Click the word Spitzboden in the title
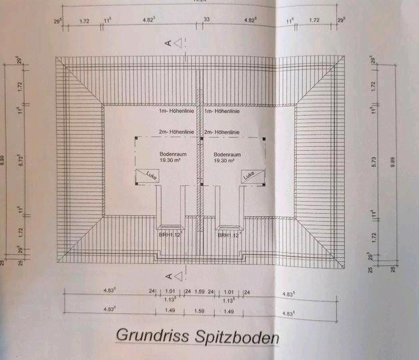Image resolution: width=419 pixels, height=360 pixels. (x=234, y=337)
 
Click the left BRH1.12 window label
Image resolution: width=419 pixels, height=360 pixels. (x=169, y=235)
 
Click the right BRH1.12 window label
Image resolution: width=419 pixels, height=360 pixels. (x=228, y=235)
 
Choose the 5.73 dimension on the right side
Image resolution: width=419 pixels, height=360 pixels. (x=372, y=161)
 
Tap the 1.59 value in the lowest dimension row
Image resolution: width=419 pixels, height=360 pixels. (x=199, y=311)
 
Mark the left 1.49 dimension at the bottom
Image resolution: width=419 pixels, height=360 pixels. (x=169, y=311)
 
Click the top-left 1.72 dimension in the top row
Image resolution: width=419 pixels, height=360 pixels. (x=84, y=21)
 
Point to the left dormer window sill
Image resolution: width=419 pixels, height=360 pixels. (x=170, y=226)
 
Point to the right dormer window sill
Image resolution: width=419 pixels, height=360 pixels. (x=229, y=226)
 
